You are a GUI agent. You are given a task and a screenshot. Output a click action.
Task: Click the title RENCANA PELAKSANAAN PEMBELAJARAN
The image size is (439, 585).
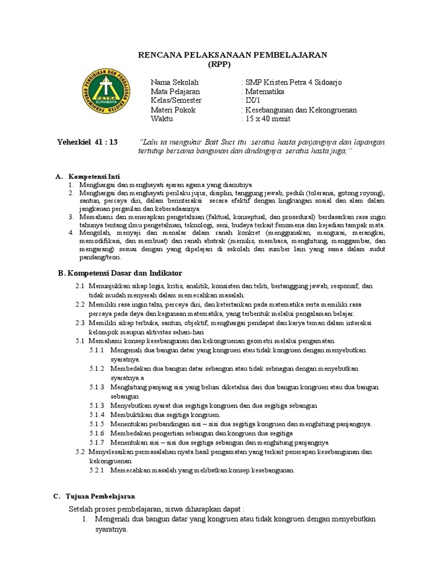point(233,54)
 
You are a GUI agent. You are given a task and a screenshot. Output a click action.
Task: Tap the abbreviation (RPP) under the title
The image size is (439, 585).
point(233,64)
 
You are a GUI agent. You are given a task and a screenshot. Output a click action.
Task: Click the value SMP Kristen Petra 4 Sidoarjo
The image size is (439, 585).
point(292,82)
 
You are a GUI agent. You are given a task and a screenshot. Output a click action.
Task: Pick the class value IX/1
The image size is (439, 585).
point(250,101)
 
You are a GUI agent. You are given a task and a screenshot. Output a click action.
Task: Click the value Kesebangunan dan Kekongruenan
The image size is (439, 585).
point(300,110)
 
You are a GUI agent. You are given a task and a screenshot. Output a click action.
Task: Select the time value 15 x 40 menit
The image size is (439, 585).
point(267,119)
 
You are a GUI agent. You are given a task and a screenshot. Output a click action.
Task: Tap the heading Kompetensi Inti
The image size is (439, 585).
point(94,176)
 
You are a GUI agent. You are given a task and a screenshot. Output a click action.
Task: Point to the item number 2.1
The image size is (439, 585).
point(80,286)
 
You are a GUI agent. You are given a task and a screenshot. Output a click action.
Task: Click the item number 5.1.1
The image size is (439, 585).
point(97,350)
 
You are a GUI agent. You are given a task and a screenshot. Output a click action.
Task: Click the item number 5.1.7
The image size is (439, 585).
point(97,442)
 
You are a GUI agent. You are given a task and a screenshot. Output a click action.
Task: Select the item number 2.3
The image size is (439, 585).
point(80,322)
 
